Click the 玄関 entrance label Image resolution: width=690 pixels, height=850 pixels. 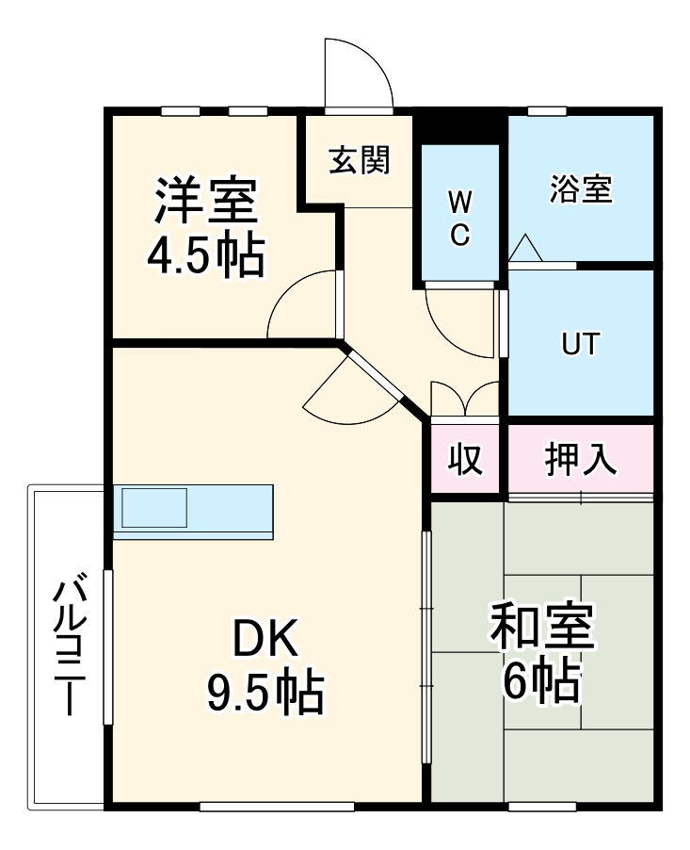pyautogui.click(x=359, y=161)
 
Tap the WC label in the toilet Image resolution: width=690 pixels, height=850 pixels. pyautogui.click(x=458, y=218)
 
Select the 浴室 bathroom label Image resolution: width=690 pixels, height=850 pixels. pyautogui.click(x=581, y=189)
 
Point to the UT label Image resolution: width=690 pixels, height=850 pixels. pyautogui.click(x=580, y=344)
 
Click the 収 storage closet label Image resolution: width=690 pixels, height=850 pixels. pyautogui.click(x=464, y=459)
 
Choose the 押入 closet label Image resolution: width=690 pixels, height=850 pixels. pyautogui.click(x=581, y=459)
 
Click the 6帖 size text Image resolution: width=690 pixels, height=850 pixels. pyautogui.click(x=541, y=681)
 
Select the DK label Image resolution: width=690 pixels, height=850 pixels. pyautogui.click(x=265, y=641)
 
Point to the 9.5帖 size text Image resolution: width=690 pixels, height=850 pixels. pyautogui.click(x=265, y=695)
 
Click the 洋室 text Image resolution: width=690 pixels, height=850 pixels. pyautogui.click(x=206, y=201)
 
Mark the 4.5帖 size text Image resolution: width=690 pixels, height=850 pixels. pyautogui.click(x=205, y=253)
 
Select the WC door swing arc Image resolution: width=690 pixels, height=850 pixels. pyautogui.click(x=458, y=320)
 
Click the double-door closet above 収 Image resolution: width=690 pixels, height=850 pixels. pyautogui.click(x=464, y=398)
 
